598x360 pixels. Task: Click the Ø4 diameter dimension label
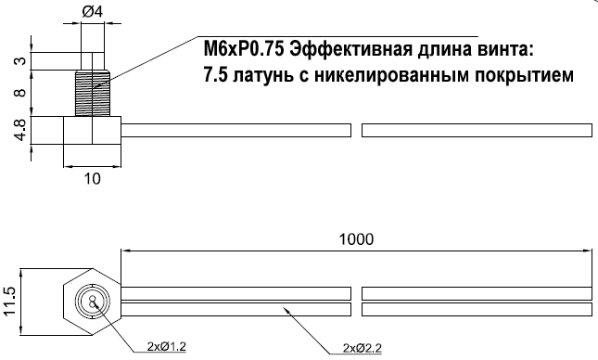(93, 12)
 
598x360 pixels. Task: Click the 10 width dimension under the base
(92, 179)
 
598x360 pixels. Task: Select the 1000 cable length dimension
(356, 238)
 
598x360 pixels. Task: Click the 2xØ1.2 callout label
(168, 347)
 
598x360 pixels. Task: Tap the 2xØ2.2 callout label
(362, 349)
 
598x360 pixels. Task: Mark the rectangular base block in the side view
(92, 129)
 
